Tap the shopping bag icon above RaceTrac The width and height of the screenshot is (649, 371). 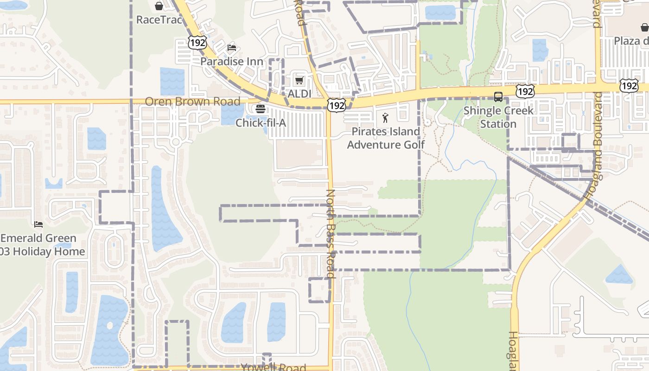pyautogui.click(x=159, y=6)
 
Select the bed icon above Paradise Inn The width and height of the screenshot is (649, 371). pyautogui.click(x=232, y=47)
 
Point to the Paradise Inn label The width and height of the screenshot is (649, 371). pyautogui.click(x=232, y=61)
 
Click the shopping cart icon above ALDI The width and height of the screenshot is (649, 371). pyautogui.click(x=299, y=80)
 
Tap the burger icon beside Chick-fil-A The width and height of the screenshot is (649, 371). pyautogui.click(x=261, y=109)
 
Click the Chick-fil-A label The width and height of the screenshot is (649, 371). pyautogui.click(x=261, y=123)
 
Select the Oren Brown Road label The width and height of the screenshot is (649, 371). pyautogui.click(x=192, y=102)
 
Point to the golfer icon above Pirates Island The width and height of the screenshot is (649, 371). pyautogui.click(x=385, y=118)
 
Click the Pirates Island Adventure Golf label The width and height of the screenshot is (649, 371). pyautogui.click(x=386, y=138)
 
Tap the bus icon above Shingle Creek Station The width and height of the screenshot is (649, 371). pyautogui.click(x=498, y=97)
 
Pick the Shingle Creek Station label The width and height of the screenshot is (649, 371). pyautogui.click(x=498, y=117)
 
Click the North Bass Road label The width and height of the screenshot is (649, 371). pyautogui.click(x=331, y=233)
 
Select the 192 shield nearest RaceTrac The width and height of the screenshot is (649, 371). pyautogui.click(x=197, y=42)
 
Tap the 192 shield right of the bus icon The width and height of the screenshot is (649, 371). pyautogui.click(x=525, y=91)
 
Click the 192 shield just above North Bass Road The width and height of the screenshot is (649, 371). pyautogui.click(x=336, y=105)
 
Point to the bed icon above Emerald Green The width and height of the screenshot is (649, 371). pyautogui.click(x=38, y=224)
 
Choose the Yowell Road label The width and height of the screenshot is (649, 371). pyautogui.click(x=274, y=367)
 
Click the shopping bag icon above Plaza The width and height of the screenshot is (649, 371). pyautogui.click(x=644, y=27)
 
